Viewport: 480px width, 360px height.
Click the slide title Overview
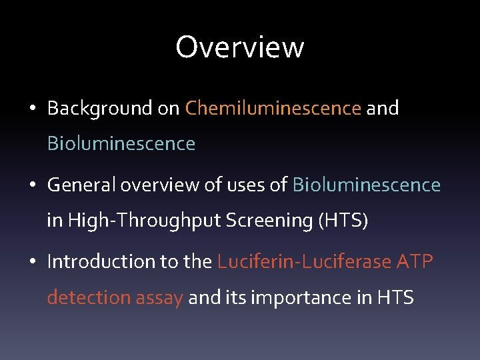click(239, 47)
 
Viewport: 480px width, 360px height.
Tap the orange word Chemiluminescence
click(273, 108)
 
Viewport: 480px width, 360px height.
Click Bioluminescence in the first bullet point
click(121, 143)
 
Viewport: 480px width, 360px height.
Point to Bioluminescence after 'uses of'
click(367, 185)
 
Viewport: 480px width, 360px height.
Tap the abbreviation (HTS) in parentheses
click(342, 221)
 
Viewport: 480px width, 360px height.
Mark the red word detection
click(89, 297)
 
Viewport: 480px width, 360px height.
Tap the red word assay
click(159, 297)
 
